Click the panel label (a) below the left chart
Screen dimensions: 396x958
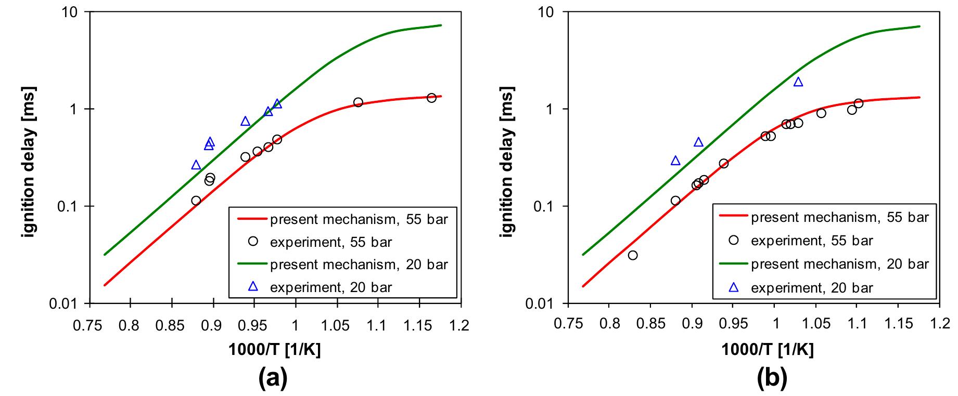pyautogui.click(x=273, y=379)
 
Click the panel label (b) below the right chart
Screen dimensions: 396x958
pyautogui.click(x=772, y=379)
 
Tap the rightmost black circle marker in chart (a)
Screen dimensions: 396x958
pyautogui.click(x=431, y=98)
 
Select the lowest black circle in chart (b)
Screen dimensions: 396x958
pyautogui.click(x=633, y=255)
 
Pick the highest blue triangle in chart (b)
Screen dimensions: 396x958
pyautogui.click(x=798, y=82)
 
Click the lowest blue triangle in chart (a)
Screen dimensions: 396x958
pyautogui.click(x=196, y=165)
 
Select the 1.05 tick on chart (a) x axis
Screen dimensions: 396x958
pyautogui.click(x=336, y=326)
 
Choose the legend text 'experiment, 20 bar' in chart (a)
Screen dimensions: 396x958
pyautogui.click(x=331, y=287)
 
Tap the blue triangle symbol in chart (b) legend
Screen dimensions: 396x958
pyautogui.click(x=734, y=287)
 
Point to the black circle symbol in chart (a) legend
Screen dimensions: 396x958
pyautogui.click(x=253, y=242)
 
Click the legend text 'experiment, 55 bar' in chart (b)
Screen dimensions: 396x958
pyautogui.click(x=812, y=241)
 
